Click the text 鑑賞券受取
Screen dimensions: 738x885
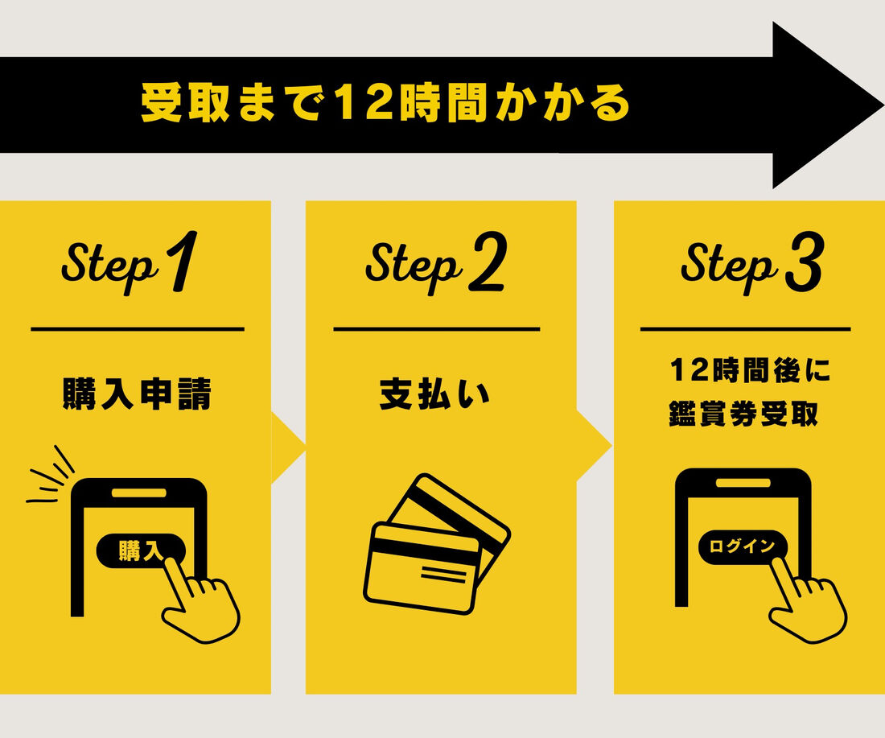(x=743, y=414)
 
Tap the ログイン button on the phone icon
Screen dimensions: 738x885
(x=743, y=546)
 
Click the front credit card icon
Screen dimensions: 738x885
(x=422, y=567)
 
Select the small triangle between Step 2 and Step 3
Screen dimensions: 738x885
(x=593, y=447)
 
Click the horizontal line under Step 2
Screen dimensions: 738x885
(x=437, y=328)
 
